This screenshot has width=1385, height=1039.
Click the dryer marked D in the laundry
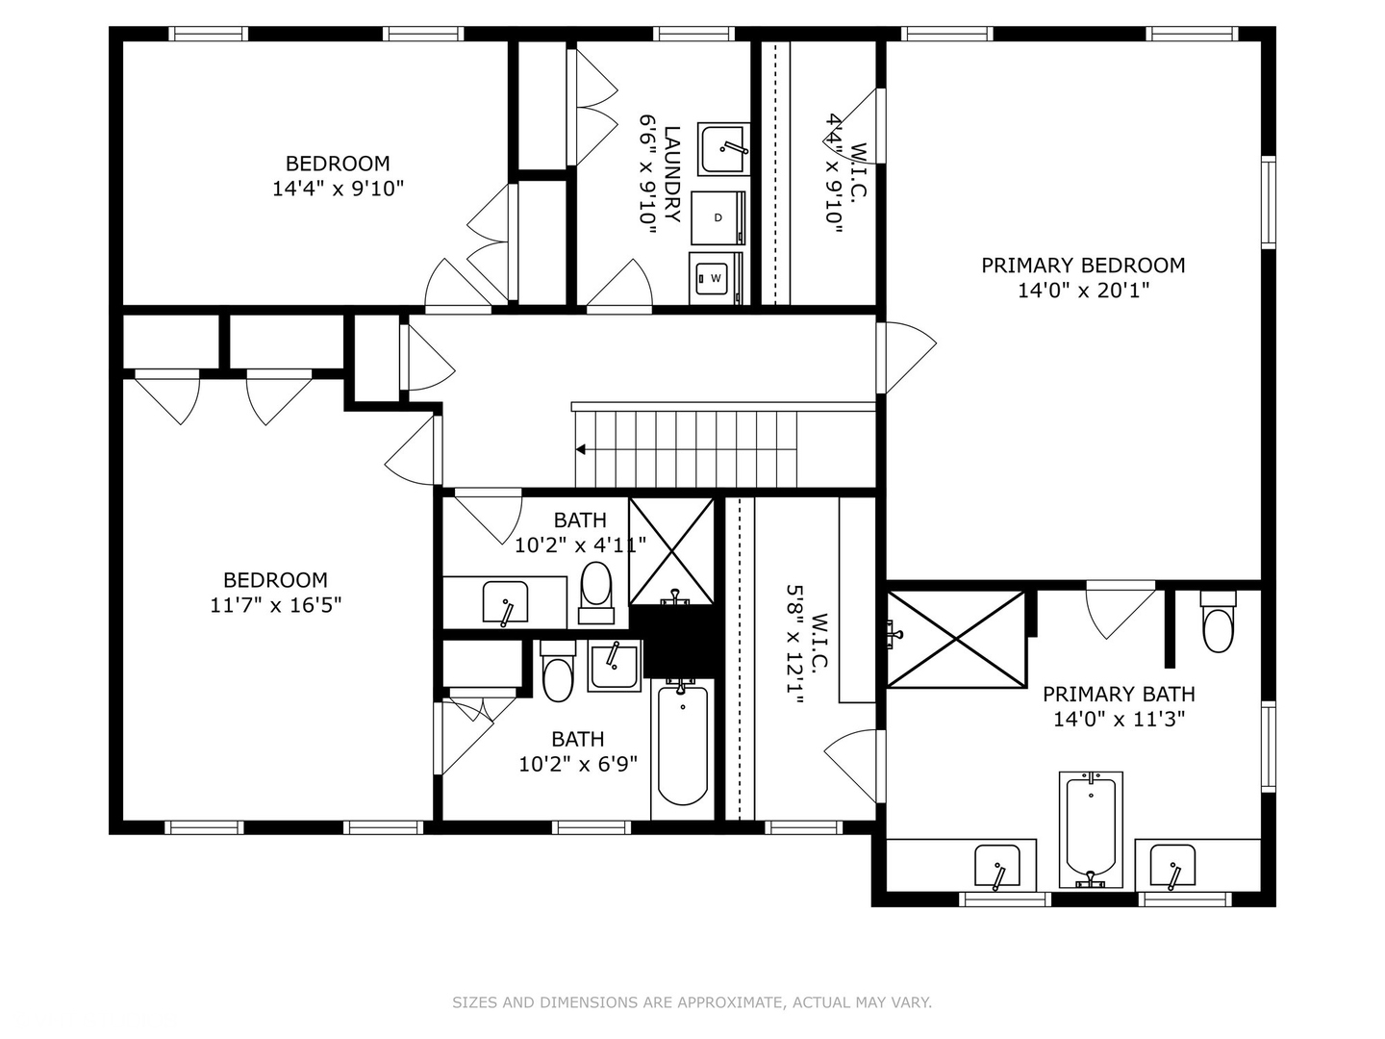point(718,217)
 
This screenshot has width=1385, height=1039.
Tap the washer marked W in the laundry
point(717,278)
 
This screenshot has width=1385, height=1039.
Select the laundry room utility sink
point(723,149)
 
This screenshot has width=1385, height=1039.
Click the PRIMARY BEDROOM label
point(1083,266)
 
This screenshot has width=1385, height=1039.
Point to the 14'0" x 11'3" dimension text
point(1119,720)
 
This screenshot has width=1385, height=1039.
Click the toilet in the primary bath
point(1218,622)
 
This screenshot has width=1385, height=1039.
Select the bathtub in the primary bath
point(1091,829)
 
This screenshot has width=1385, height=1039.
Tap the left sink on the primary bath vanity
point(997,866)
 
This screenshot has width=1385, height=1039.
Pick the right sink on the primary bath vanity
point(1172,866)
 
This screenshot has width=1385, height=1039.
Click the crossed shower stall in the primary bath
point(957,639)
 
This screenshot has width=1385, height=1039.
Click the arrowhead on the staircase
point(581,450)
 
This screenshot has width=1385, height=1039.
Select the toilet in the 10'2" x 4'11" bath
point(595,593)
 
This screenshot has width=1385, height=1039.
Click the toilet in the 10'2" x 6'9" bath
point(559,671)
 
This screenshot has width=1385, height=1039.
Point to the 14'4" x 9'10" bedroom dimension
point(339,189)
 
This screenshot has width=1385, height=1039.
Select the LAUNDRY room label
point(672,174)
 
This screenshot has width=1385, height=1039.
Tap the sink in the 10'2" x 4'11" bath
point(505,602)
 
